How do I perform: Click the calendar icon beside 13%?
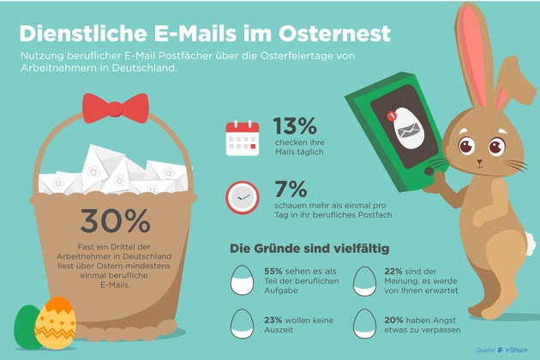coord(242,138)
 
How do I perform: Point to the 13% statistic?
coord(295,127)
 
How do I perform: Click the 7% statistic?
coord(290,189)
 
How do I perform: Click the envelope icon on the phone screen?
coord(408,129)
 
